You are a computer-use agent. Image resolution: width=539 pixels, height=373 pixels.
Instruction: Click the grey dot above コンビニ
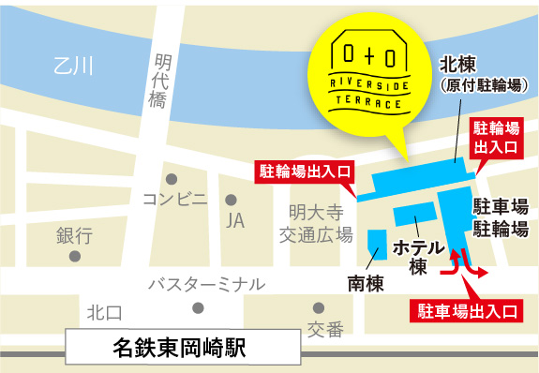(172, 178)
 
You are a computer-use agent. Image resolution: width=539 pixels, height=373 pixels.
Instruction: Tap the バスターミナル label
(206, 284)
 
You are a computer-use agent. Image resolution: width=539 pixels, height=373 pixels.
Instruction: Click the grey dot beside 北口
(198, 307)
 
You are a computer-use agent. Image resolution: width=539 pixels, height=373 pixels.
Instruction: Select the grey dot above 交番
(319, 307)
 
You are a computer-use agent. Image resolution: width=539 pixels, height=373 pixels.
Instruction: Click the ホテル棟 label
(417, 257)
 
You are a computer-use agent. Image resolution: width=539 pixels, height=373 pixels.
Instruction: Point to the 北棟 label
(460, 65)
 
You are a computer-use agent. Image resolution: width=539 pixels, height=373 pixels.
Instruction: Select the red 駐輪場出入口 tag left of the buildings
(305, 171)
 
